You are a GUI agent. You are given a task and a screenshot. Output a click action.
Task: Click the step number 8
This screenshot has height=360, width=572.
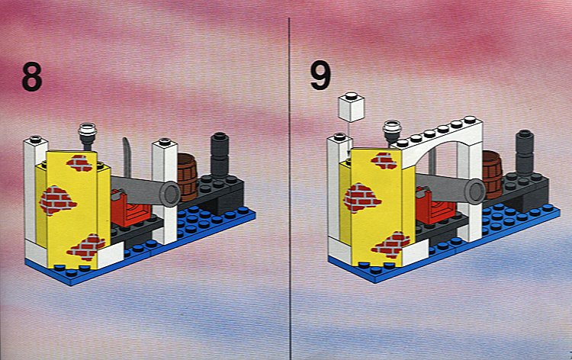[32, 77]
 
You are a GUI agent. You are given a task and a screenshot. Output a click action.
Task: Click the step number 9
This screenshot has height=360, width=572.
[320, 76]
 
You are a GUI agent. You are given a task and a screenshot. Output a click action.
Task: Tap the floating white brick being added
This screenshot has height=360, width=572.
[352, 107]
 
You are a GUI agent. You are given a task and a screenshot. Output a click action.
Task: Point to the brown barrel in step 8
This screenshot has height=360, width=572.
[187, 177]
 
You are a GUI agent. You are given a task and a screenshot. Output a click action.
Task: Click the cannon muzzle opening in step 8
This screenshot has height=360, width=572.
[170, 194]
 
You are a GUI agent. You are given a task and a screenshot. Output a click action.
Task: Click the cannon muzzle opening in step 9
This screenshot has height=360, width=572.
[476, 191]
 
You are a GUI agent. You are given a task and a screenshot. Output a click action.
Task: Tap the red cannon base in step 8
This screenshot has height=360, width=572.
[130, 208]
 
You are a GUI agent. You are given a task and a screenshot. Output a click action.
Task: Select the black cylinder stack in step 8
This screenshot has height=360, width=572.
[220, 155]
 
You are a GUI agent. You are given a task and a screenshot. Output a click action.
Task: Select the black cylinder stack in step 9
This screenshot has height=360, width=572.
[525, 153]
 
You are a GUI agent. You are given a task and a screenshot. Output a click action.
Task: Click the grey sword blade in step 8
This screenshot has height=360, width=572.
[127, 158]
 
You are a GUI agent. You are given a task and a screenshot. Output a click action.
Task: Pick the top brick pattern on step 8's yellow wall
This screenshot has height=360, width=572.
[79, 164]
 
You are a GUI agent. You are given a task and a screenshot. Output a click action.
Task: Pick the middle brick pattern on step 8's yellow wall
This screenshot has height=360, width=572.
[57, 201]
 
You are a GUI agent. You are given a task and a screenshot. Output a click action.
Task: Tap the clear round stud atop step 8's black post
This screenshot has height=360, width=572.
[88, 130]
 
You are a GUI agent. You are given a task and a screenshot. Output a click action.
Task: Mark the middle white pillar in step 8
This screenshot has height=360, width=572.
[165, 191]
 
